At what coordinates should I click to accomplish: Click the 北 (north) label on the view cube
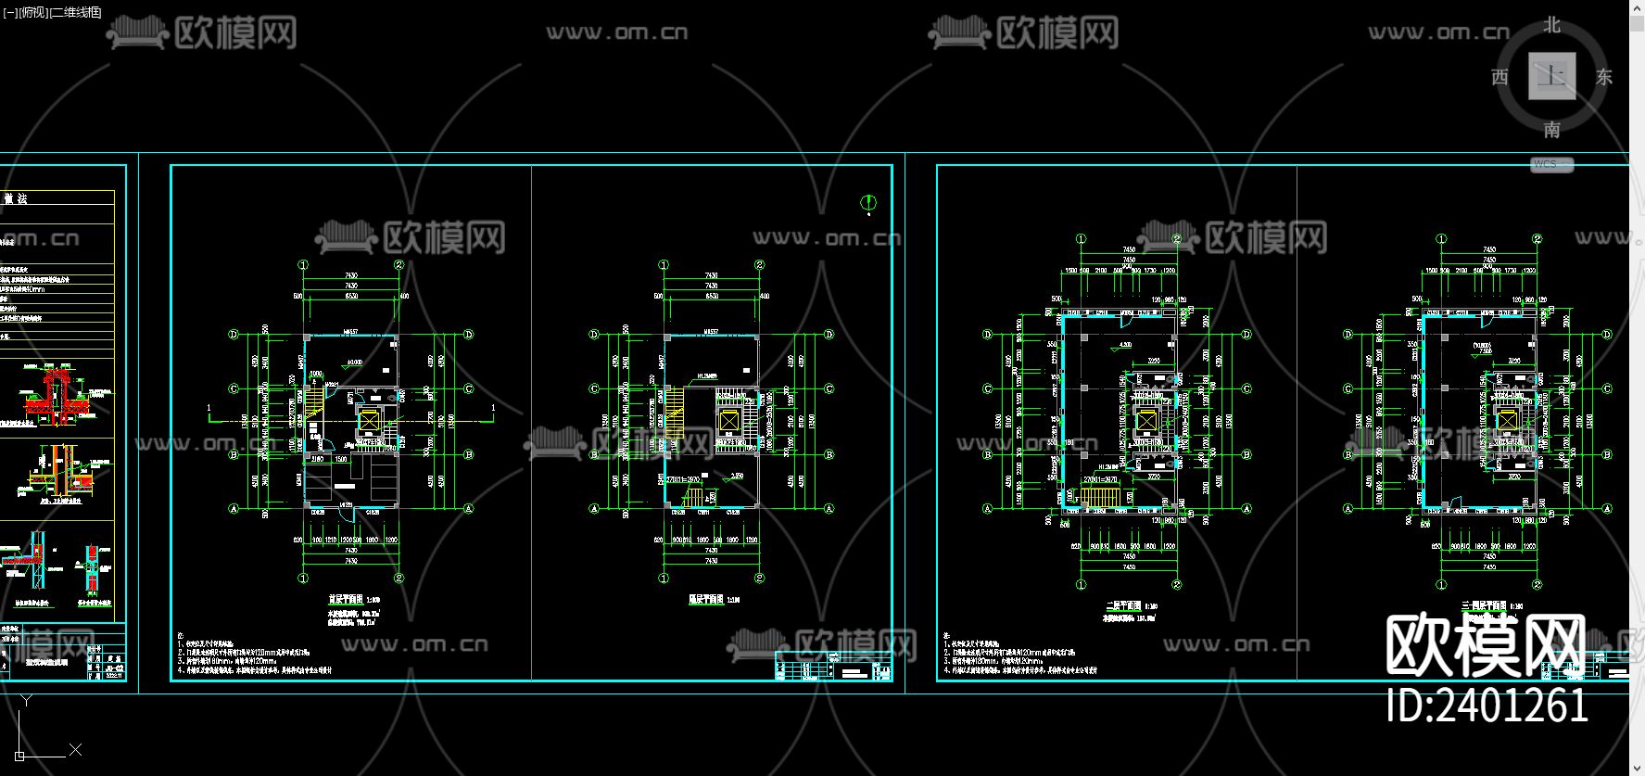(1551, 25)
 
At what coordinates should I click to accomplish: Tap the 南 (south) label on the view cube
(1551, 130)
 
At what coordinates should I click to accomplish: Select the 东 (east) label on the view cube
(1603, 77)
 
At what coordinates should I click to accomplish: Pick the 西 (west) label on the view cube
(1499, 77)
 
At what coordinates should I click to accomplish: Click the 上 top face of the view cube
(1551, 76)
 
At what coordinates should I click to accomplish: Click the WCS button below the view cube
(1550, 164)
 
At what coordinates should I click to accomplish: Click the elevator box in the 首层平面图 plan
(369, 422)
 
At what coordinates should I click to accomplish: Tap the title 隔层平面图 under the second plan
(706, 600)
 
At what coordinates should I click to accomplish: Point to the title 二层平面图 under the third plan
(1124, 605)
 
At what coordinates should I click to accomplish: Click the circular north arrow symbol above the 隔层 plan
(868, 202)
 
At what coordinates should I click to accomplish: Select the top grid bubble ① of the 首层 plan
(303, 265)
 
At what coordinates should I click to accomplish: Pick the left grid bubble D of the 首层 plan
(234, 335)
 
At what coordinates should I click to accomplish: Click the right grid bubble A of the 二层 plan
(1246, 508)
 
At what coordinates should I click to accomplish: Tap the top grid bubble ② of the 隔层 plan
(759, 265)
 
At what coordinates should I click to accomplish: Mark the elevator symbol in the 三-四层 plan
(1508, 422)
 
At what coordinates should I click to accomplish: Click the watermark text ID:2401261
(1487, 706)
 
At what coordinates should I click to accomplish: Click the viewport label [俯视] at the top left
(33, 12)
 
